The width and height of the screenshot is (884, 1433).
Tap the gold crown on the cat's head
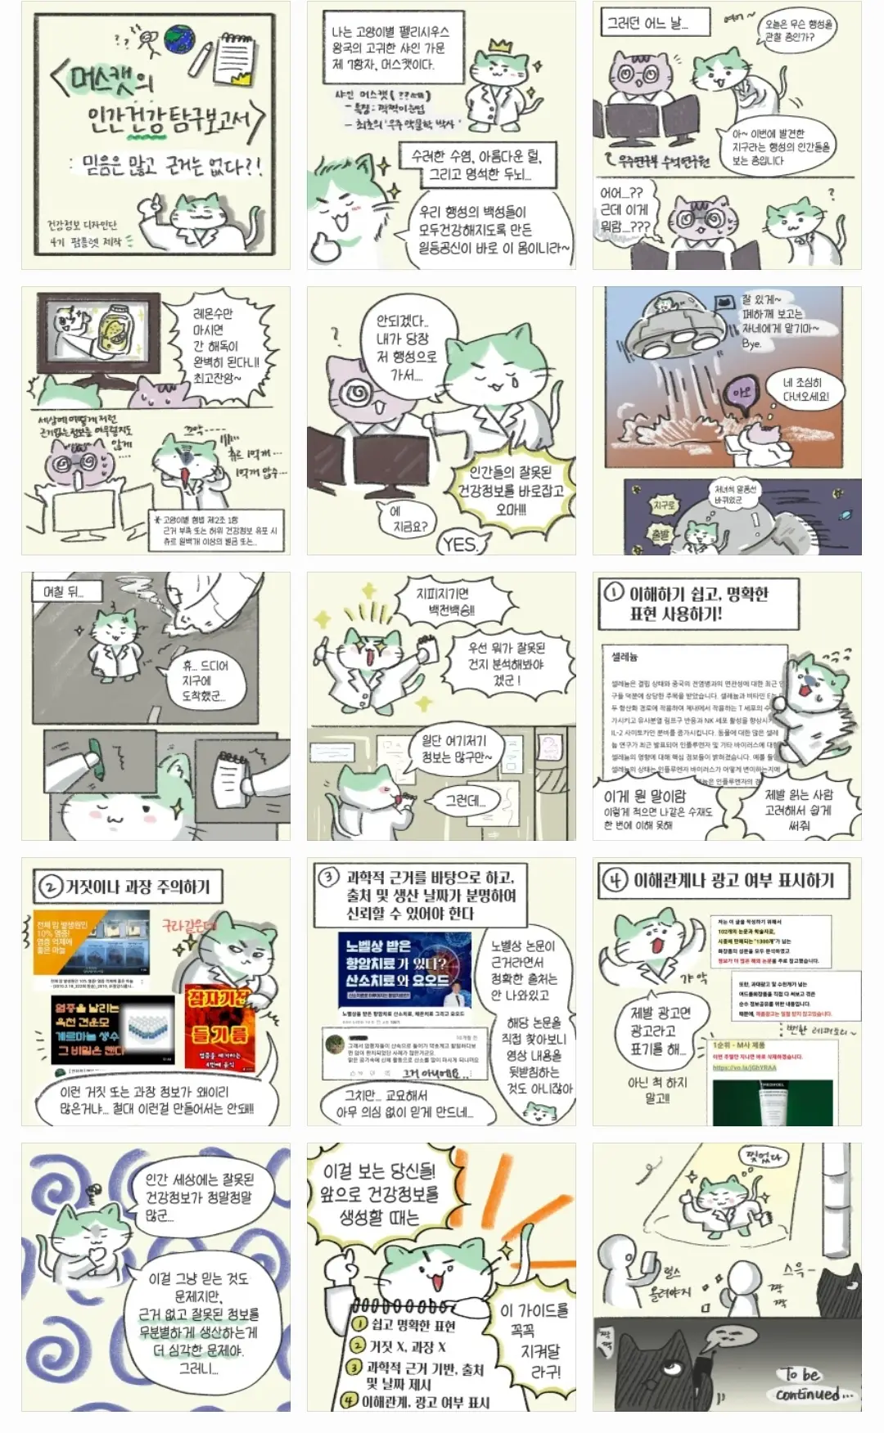click(x=497, y=47)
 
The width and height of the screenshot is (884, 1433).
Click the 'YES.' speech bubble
click(x=460, y=544)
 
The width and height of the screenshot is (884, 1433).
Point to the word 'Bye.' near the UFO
click(x=751, y=344)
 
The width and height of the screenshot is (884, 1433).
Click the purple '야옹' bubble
click(x=742, y=393)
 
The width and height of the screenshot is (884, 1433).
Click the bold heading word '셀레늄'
click(x=625, y=656)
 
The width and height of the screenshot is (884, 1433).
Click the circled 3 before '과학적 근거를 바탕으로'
click(x=327, y=877)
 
